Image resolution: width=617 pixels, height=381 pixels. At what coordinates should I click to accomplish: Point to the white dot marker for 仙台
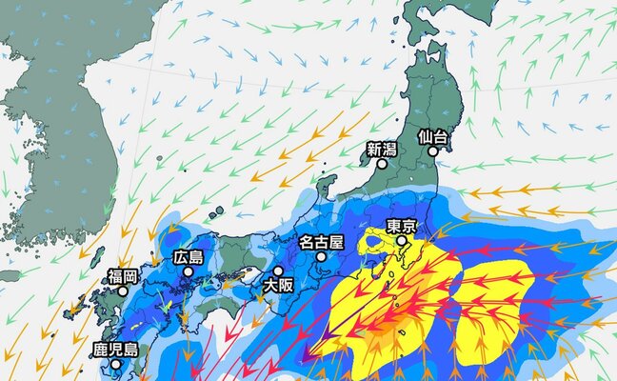tap(433, 150)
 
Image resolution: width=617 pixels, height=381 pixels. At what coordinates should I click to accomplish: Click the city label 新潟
tap(381, 148)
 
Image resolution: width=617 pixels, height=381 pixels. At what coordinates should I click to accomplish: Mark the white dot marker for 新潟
tap(381, 164)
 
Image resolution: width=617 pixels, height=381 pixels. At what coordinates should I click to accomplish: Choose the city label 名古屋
tap(321, 241)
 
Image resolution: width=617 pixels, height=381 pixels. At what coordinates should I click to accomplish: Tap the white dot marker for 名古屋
tap(321, 256)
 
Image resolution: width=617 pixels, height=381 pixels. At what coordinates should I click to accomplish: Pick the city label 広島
tap(189, 257)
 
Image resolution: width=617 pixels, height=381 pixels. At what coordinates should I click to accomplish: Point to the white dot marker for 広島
tap(189, 271)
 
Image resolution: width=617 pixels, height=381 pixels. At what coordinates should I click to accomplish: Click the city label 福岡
tap(123, 276)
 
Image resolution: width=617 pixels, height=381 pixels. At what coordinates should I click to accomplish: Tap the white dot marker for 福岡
tap(123, 291)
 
